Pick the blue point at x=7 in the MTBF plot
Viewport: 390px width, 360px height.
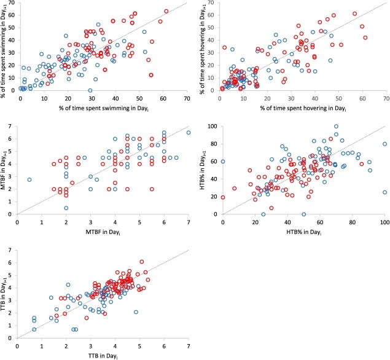189,133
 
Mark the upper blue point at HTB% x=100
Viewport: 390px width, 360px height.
385,144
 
